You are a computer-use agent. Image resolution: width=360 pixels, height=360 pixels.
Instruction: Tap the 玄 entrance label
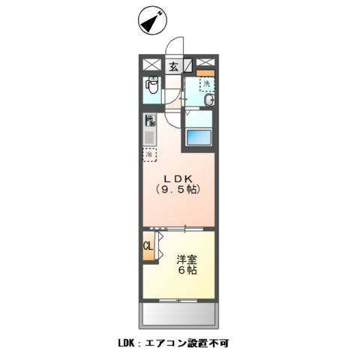[173, 66]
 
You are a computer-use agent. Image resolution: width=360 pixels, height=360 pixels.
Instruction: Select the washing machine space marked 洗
[206, 85]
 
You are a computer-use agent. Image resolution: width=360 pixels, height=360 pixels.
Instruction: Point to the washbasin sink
[210, 100]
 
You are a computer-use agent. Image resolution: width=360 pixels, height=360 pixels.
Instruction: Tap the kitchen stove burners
[151, 120]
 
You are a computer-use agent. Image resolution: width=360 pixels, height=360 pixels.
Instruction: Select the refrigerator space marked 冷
[151, 155]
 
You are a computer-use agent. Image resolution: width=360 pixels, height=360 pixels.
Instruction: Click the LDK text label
[180, 178]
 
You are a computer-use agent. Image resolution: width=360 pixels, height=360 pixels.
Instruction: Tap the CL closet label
[148, 246]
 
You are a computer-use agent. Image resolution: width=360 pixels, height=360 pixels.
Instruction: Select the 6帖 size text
[187, 271]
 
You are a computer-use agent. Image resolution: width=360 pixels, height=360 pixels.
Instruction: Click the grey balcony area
[179, 313]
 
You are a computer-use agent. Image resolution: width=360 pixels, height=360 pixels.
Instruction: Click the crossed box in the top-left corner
[148, 66]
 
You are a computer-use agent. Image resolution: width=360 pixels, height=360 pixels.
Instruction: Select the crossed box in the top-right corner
[207, 64]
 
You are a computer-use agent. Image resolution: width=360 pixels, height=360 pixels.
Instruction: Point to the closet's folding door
[159, 247]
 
